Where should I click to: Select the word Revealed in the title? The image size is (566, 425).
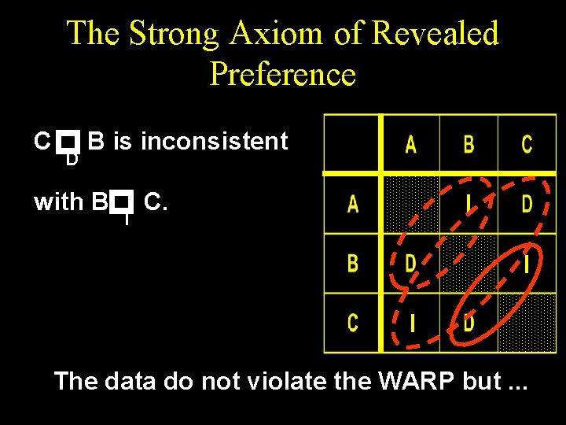pos(435,34)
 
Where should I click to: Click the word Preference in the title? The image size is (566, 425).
pos(283,74)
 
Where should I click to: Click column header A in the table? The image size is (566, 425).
pos(410,145)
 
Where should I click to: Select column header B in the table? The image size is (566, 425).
pos(469,145)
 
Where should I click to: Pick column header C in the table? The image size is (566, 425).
pos(527,145)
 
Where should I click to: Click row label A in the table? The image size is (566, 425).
pos(353,205)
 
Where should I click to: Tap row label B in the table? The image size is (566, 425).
pos(353,263)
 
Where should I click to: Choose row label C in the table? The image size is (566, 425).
pos(353,322)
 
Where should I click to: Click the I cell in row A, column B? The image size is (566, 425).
pos(469,205)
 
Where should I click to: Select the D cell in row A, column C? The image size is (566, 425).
pos(527,205)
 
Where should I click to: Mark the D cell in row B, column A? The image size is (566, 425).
pos(410,263)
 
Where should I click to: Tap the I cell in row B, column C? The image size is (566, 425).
pos(527,263)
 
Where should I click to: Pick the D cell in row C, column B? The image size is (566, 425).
pos(469,322)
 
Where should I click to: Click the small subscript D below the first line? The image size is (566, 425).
pos(72,160)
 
